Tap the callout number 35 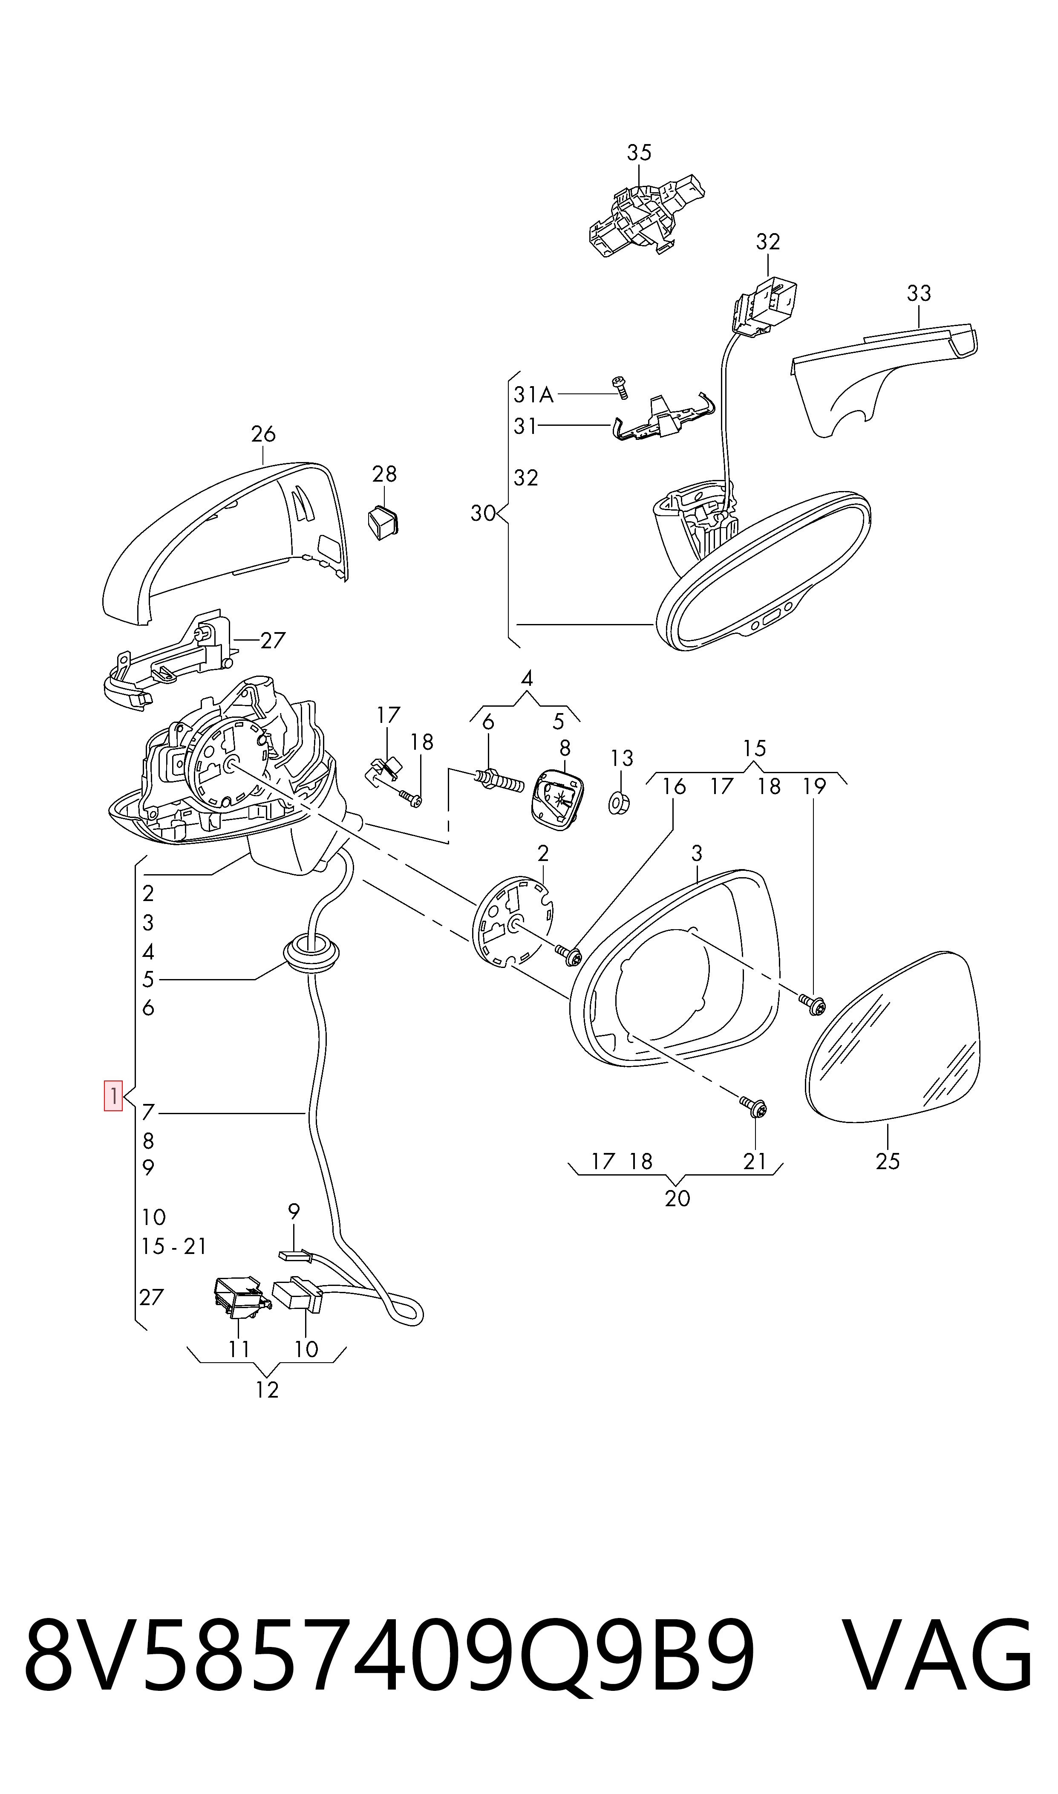(x=639, y=153)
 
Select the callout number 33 (x=919, y=293)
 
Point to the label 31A (x=533, y=394)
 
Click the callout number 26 (x=263, y=433)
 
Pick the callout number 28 (x=384, y=474)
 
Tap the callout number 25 (x=888, y=1161)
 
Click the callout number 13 (x=622, y=758)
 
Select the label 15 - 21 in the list (x=174, y=1246)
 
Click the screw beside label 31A (x=620, y=387)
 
